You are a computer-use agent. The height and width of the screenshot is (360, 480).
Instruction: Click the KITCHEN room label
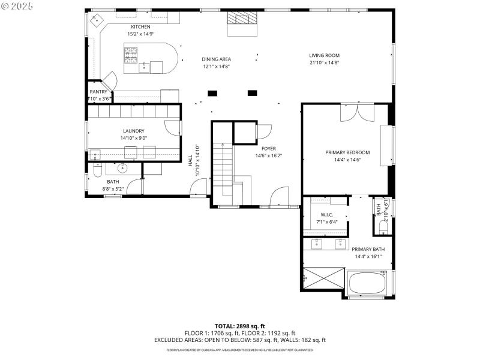141,27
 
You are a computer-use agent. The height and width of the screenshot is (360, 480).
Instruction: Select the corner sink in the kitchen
95,20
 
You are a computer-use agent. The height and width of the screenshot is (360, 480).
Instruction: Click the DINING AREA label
216,59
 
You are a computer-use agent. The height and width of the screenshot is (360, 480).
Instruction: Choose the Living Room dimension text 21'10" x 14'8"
324,63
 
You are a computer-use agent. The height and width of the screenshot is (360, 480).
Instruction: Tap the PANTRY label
98,92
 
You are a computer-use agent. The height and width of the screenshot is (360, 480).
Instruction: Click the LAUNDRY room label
133,131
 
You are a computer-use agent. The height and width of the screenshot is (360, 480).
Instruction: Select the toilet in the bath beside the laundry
96,173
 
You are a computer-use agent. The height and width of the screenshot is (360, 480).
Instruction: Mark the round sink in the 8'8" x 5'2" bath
122,167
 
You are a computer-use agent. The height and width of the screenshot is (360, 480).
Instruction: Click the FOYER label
268,148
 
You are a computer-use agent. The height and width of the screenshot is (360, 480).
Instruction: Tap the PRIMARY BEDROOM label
347,152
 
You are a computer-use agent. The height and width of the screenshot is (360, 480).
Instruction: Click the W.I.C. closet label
326,215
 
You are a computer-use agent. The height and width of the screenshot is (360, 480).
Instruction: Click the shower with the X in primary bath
322,280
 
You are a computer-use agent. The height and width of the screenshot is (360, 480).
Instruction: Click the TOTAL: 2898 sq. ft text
239,326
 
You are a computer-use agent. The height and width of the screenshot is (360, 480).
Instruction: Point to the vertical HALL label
190,161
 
